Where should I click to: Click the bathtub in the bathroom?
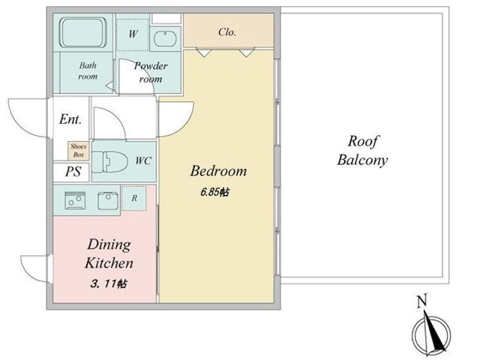[83, 33]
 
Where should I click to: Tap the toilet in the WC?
[110, 161]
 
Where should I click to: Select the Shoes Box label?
[79, 150]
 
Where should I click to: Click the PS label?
[73, 172]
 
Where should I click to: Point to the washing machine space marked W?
[132, 35]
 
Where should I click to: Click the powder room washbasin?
[165, 39]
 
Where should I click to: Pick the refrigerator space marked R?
[134, 198]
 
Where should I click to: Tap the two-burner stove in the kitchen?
[75, 201]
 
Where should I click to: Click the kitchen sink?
[108, 201]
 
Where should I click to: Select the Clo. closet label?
[227, 32]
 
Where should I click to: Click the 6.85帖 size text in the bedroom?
[215, 192]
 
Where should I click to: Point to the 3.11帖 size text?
[108, 284]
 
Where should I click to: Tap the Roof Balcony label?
[363, 150]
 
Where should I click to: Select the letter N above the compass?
[422, 301]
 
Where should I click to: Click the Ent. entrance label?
[71, 119]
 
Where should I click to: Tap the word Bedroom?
[218, 171]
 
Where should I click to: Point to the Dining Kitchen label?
[109, 254]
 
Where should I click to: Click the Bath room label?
[88, 71]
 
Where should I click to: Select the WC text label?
[143, 161]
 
